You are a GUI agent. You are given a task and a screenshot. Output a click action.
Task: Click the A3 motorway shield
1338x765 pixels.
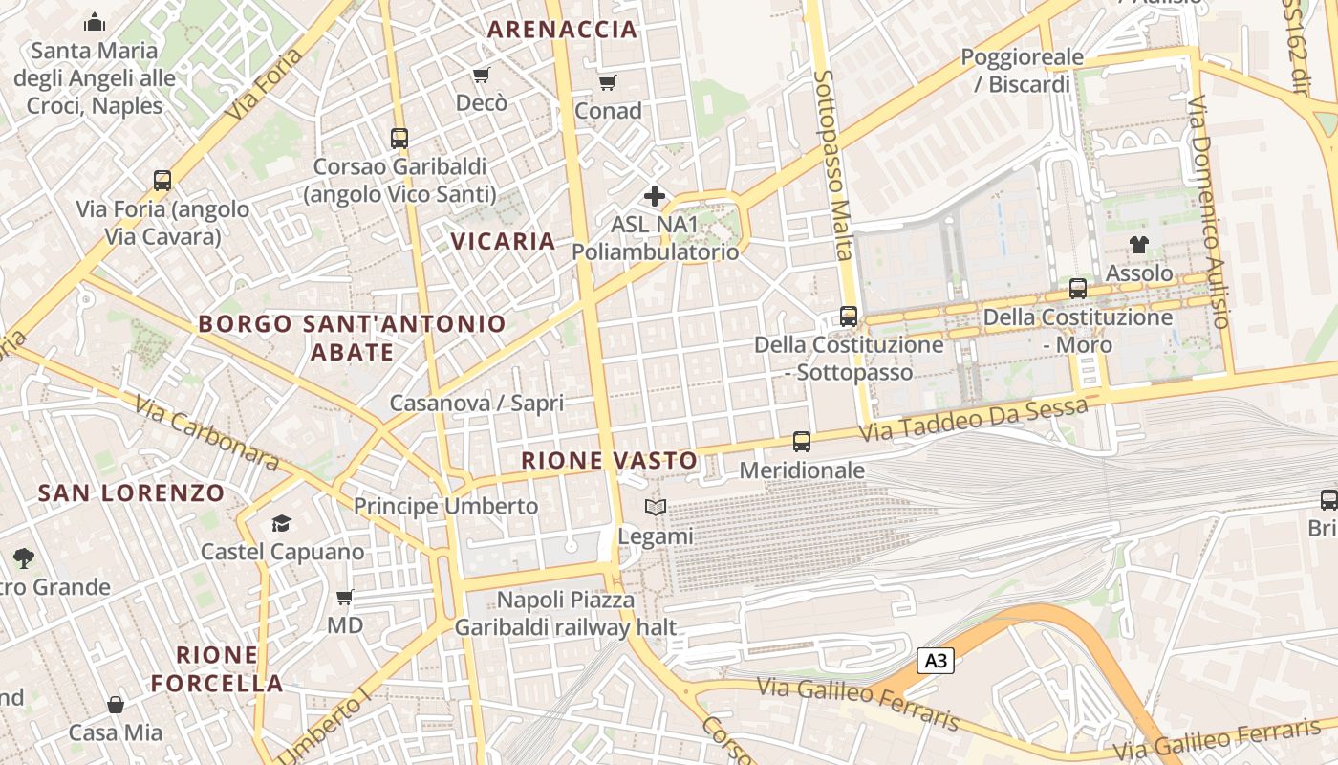[x=936, y=661]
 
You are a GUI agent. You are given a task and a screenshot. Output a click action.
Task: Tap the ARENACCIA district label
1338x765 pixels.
[x=562, y=30]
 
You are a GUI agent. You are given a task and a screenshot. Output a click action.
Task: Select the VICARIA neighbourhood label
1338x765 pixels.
[x=504, y=241]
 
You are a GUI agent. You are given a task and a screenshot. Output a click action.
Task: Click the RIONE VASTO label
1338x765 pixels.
[x=610, y=461]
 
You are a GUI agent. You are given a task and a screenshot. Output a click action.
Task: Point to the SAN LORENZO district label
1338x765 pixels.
[x=131, y=493]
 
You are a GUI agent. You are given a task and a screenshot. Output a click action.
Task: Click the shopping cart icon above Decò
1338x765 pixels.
[x=482, y=76]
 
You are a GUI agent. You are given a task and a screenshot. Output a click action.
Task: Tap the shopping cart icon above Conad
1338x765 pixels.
[x=608, y=83]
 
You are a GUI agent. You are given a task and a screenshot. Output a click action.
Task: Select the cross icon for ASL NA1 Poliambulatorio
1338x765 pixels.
[x=655, y=196]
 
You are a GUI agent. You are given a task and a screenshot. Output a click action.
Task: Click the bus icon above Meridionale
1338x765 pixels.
[x=802, y=442]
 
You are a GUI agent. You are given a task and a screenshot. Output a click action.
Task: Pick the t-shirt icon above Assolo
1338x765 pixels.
[x=1138, y=245]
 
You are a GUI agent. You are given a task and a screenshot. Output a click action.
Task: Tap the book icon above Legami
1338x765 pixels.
[x=655, y=508]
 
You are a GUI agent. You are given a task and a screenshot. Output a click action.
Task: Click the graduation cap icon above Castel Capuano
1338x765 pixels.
[x=281, y=523]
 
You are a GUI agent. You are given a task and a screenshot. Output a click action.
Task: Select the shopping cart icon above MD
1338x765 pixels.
[x=345, y=598]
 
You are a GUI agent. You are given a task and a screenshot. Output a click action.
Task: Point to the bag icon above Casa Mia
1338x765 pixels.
[x=116, y=705]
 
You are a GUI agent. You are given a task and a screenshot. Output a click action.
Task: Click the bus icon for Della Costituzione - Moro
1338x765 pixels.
[x=1078, y=288]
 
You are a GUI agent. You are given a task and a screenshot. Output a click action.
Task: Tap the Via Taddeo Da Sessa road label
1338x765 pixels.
[x=973, y=420]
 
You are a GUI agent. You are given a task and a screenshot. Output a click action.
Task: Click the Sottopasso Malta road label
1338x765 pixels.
[x=832, y=164]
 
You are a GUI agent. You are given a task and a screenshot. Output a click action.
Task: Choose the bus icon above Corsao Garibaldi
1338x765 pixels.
[x=399, y=138]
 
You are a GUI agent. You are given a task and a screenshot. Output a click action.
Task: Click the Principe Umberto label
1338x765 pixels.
[x=446, y=506]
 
